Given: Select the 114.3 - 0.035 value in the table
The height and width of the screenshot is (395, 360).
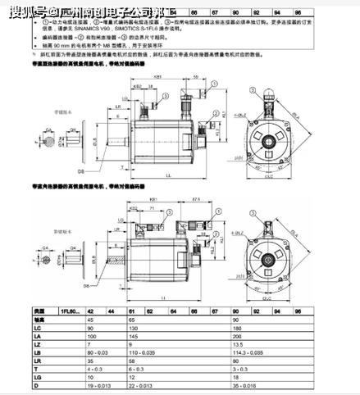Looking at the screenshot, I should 258,353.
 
